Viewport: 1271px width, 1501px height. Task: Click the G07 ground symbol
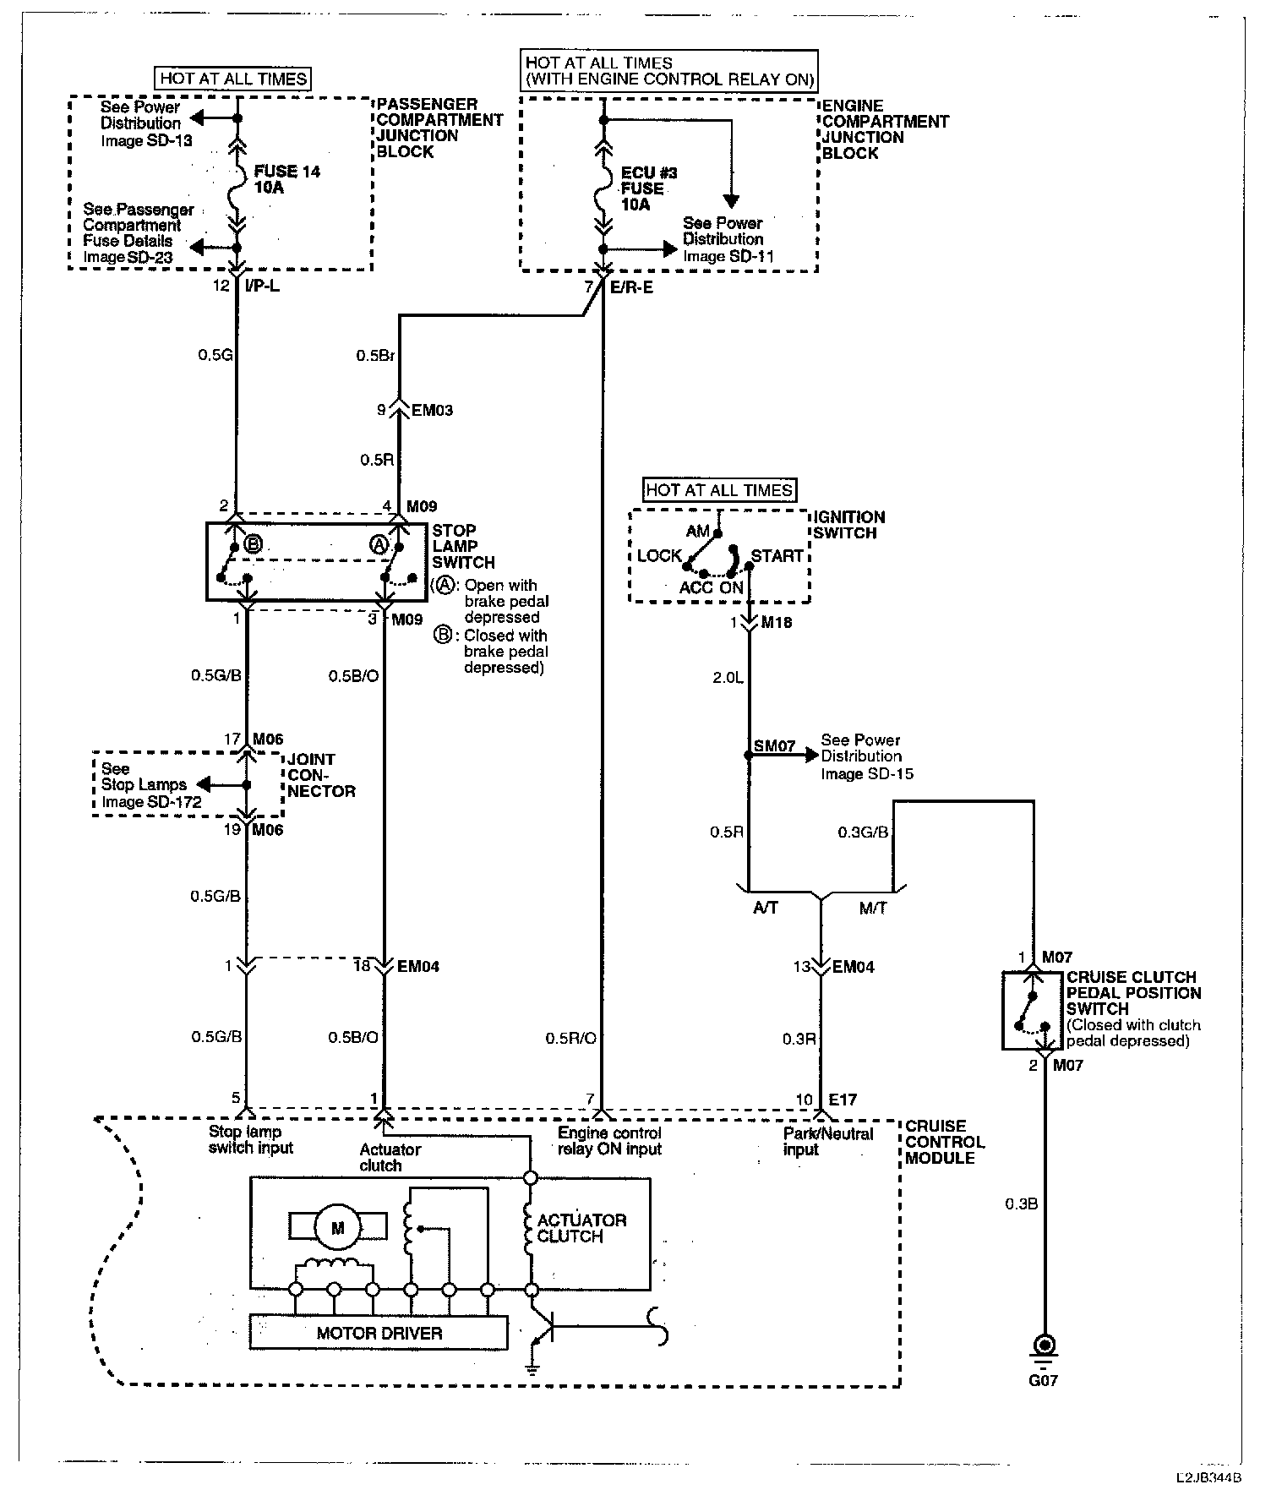1045,1346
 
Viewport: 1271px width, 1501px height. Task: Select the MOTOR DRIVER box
379,1334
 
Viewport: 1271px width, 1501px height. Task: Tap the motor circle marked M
338,1228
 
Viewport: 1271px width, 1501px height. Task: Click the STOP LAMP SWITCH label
462,546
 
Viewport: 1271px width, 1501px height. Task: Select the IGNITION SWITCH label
848,525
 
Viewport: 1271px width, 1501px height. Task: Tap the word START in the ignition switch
777,555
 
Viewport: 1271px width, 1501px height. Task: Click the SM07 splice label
774,745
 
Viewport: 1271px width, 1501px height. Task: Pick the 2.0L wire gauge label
728,677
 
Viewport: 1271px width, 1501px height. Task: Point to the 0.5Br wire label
375,356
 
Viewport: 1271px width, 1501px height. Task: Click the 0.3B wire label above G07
1021,1204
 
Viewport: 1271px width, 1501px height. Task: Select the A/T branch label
765,908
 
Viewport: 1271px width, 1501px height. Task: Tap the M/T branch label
873,908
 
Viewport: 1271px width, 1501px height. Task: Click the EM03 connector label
432,411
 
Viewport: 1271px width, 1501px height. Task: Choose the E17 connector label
842,1100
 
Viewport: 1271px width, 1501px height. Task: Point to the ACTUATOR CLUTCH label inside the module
581,1228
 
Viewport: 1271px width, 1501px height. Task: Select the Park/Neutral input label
827,1141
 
